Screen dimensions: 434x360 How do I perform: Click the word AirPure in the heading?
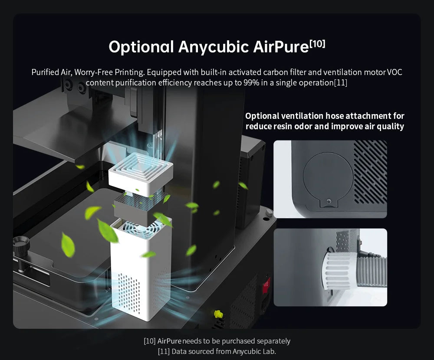pyautogui.click(x=281, y=46)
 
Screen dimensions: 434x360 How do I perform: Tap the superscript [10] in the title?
pyautogui.click(x=318, y=44)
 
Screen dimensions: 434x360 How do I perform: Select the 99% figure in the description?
pyautogui.click(x=251, y=83)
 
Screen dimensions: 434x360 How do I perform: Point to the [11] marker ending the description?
pyautogui.click(x=340, y=83)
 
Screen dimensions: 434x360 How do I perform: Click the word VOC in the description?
pyautogui.click(x=395, y=72)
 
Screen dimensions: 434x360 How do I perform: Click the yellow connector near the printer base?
pyautogui.click(x=218, y=314)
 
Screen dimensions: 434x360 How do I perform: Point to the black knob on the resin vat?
pyautogui.click(x=21, y=244)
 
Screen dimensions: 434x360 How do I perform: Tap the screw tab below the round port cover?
pyautogui.click(x=329, y=202)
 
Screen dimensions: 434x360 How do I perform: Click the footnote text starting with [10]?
pyautogui.click(x=217, y=341)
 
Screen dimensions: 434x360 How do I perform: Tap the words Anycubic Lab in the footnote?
pyautogui.click(x=254, y=352)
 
